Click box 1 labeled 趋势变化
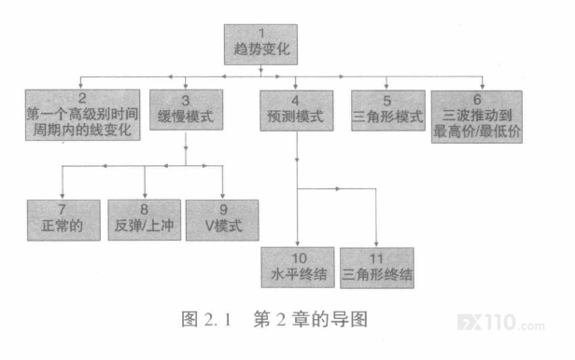pyautogui.click(x=260, y=45)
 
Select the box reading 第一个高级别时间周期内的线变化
pyautogui.click(x=82, y=115)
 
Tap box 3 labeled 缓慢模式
pyautogui.click(x=186, y=109)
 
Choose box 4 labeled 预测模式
pyautogui.click(x=297, y=111)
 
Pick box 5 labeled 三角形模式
pyautogui.click(x=388, y=111)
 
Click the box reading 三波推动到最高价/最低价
pyautogui.click(x=477, y=117)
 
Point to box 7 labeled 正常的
pyautogui.click(x=63, y=220)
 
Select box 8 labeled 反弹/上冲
pyautogui.click(x=145, y=220)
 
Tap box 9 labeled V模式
pyautogui.click(x=222, y=220)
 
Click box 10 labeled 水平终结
pyautogui.click(x=298, y=268)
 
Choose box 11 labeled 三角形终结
pyautogui.click(x=377, y=268)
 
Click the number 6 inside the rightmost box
pyautogui.click(x=477, y=99)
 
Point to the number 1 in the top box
pyautogui.click(x=261, y=34)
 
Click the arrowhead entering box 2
pyautogui.click(x=80, y=86)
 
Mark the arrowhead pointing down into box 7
pyautogui.click(x=63, y=196)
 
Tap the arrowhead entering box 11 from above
pyautogui.click(x=376, y=244)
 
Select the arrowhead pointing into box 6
pyautogui.click(x=483, y=87)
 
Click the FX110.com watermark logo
pyautogui.click(x=500, y=323)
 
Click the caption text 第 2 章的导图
pyautogui.click(x=311, y=319)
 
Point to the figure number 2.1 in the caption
pyautogui.click(x=217, y=320)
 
